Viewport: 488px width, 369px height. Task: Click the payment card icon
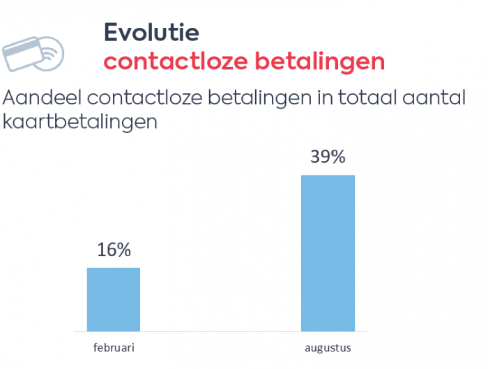(33, 52)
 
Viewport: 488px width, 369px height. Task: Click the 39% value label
(328, 157)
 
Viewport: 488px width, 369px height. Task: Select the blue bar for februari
(114, 299)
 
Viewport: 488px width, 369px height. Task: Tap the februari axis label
(114, 347)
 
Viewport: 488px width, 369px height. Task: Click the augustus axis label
(328, 347)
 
